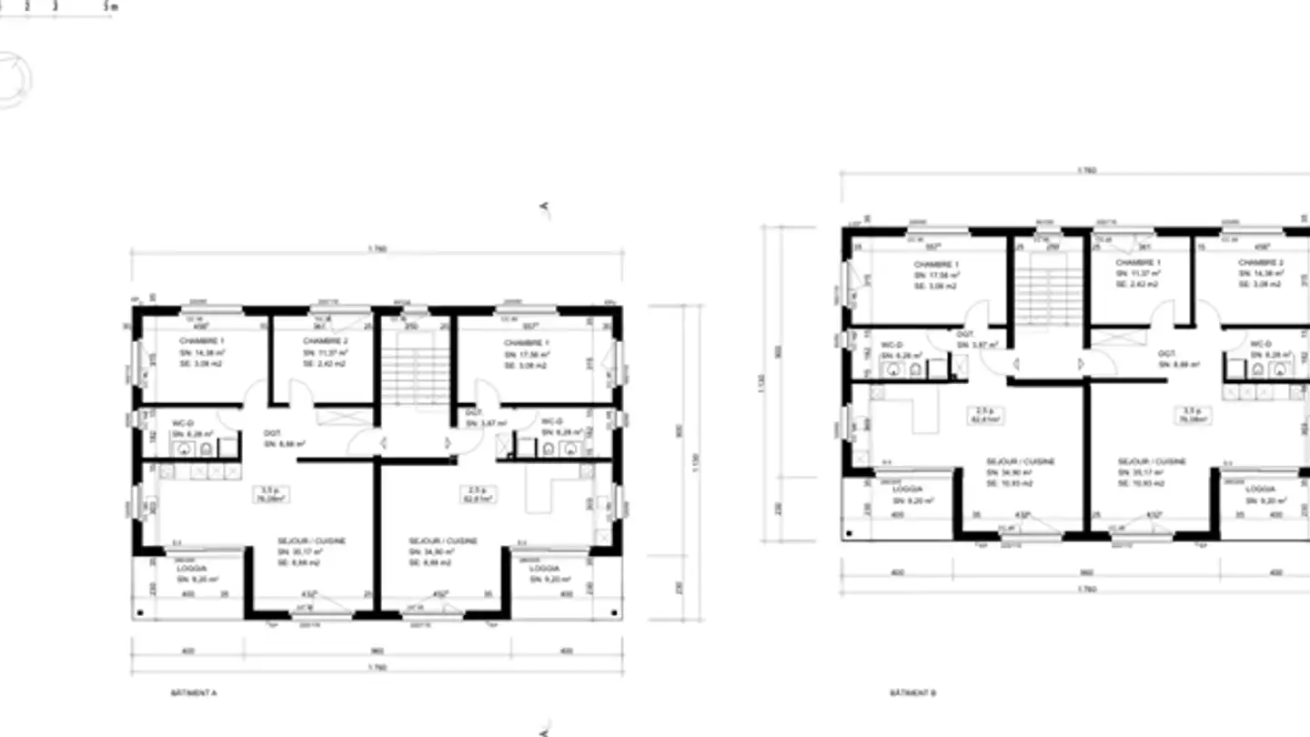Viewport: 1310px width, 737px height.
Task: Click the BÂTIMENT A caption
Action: click(194, 692)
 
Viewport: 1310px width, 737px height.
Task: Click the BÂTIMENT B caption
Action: click(913, 692)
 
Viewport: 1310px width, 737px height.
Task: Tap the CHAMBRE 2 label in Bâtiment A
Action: click(323, 341)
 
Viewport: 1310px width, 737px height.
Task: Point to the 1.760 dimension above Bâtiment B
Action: click(1085, 169)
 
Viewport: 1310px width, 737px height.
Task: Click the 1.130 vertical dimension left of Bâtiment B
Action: click(761, 382)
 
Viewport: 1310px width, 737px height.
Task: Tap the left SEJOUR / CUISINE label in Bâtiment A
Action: click(311, 540)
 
